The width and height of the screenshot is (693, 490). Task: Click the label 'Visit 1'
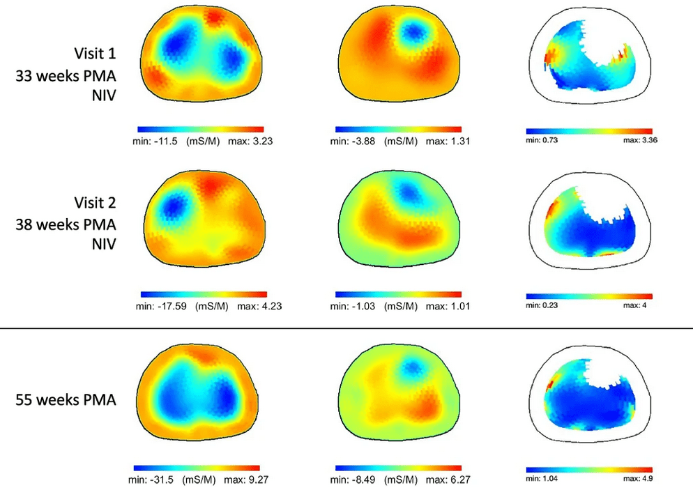(96, 54)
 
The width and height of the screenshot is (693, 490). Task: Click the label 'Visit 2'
(96, 203)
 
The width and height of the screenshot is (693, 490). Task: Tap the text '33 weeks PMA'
(66, 76)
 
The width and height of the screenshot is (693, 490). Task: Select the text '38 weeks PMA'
(66, 225)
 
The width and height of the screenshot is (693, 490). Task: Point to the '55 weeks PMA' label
(66, 401)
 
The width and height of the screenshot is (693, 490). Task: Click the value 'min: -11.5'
(153, 141)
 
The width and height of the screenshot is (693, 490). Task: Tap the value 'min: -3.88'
(351, 141)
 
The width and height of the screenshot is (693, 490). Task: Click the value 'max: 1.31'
(441, 141)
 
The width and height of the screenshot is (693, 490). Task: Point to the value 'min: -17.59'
(156, 306)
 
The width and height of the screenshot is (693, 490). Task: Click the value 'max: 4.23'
(246, 306)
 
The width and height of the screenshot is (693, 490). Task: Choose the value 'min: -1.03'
(351, 306)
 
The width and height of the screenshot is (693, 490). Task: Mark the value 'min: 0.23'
(543, 305)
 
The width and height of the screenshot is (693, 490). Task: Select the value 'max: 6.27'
(441, 480)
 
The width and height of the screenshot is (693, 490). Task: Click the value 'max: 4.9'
(638, 479)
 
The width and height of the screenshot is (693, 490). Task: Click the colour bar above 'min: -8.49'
(397, 468)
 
